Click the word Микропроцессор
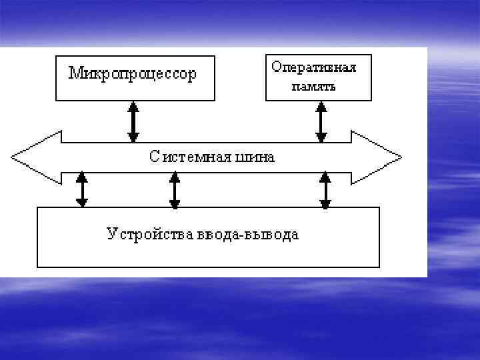tap(133, 73)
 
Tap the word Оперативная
tap(313, 67)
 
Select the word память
tap(313, 87)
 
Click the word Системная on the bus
tap(191, 157)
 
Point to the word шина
tap(255, 157)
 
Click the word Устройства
tap(149, 234)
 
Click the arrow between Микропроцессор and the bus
tap(133, 121)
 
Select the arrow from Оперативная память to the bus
tap(321, 121)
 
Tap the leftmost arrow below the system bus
tap(82, 189)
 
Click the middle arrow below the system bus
tap(175, 189)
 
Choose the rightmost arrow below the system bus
tap(325, 189)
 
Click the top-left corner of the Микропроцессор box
tap(56, 56)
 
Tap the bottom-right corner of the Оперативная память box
tap(371, 101)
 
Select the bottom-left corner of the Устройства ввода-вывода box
tap(37, 267)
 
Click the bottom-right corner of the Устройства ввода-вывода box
tap(379, 267)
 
